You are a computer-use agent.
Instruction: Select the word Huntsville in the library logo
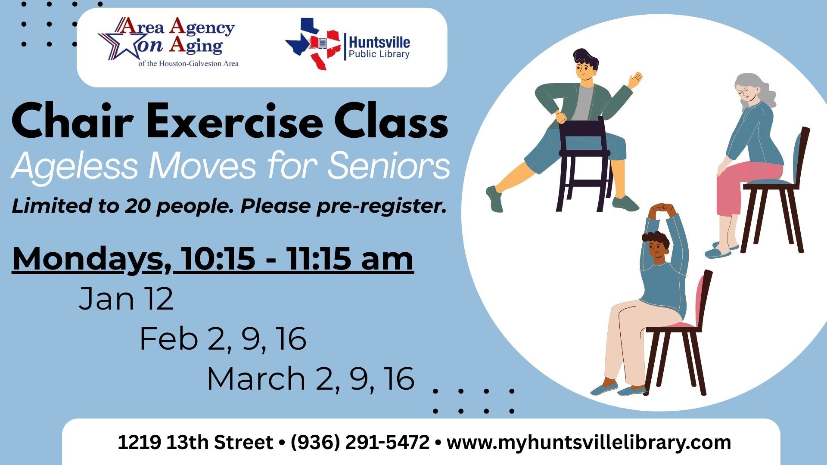(379, 42)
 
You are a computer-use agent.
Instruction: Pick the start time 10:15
(218, 259)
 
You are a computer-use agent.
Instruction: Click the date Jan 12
(126, 299)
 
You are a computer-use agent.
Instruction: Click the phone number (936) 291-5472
(360, 443)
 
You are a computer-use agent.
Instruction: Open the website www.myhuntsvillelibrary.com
(589, 443)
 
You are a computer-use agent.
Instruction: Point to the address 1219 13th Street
(195, 443)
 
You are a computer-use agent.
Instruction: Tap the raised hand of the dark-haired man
(635, 80)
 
